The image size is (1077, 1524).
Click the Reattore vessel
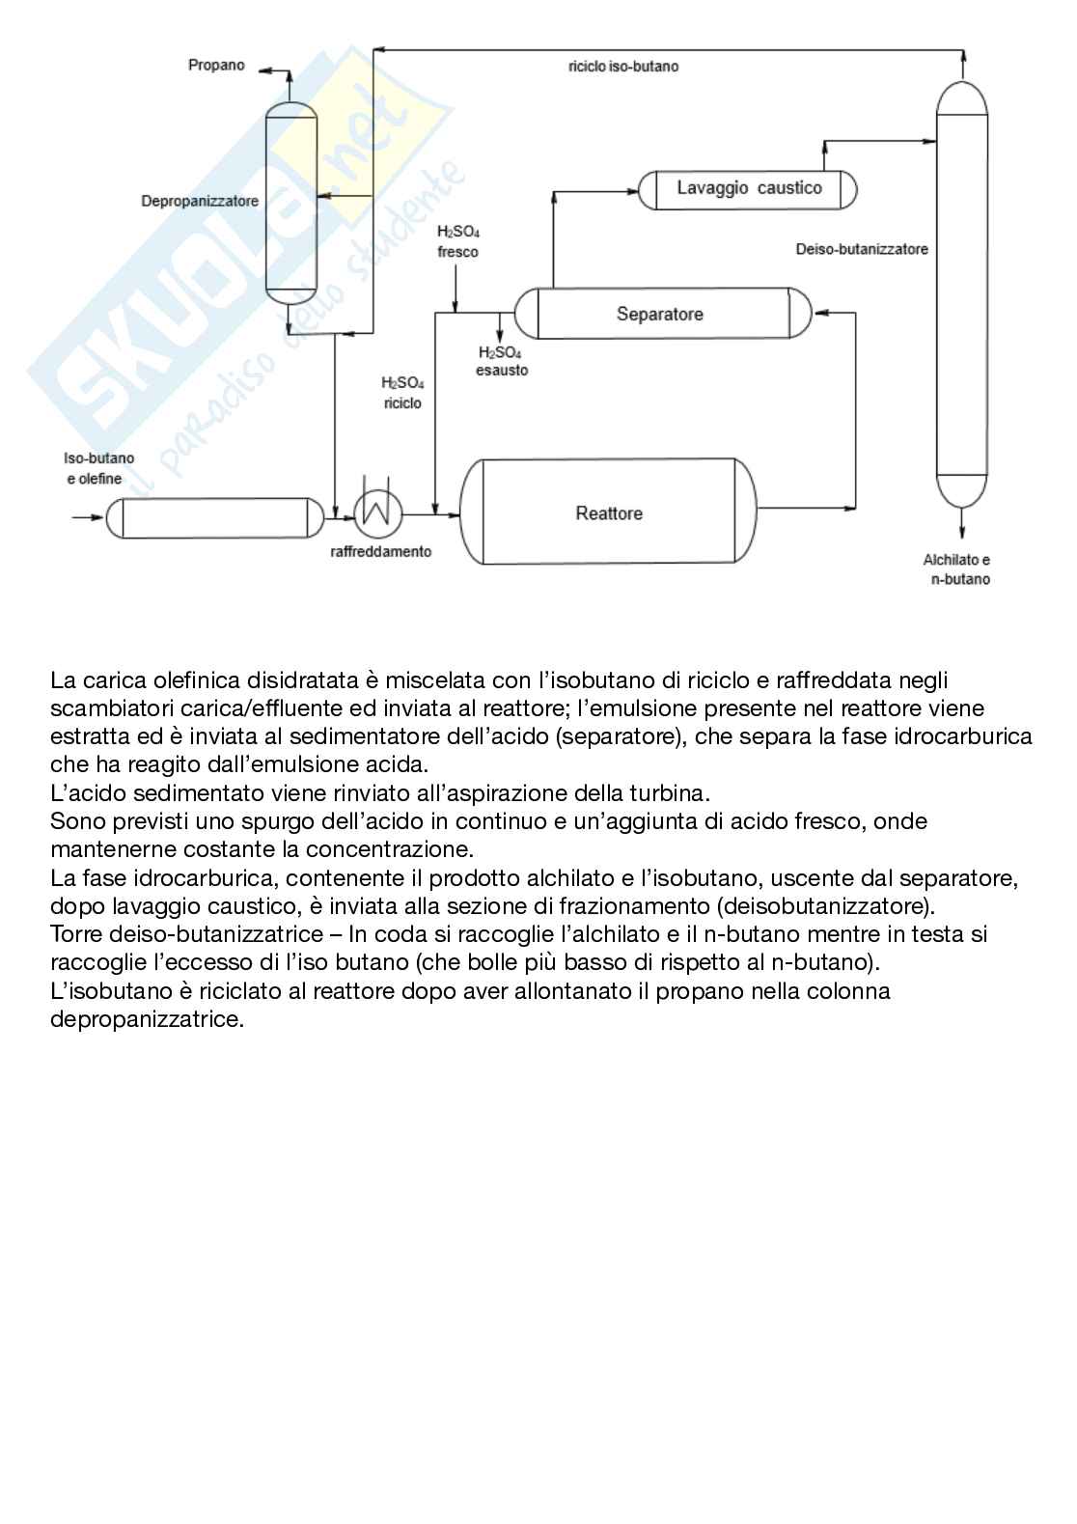pyautogui.click(x=608, y=512)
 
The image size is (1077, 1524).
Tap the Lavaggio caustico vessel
pyautogui.click(x=748, y=189)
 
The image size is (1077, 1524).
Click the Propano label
pyautogui.click(x=216, y=66)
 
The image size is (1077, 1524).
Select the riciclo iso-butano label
pyautogui.click(x=623, y=67)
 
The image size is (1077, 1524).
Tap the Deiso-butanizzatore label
pyautogui.click(x=862, y=249)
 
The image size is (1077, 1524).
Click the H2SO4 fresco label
pyautogui.click(x=457, y=242)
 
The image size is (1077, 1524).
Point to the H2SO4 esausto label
pyautogui.click(x=501, y=361)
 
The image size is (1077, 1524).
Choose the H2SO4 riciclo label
pyautogui.click(x=402, y=393)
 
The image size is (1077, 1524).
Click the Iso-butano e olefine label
pyautogui.click(x=94, y=468)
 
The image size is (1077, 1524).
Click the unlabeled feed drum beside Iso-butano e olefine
pyautogui.click(x=214, y=517)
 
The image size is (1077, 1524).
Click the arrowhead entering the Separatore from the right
pyautogui.click(x=820, y=313)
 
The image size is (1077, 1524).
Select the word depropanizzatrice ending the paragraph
pyautogui.click(x=147, y=1019)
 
